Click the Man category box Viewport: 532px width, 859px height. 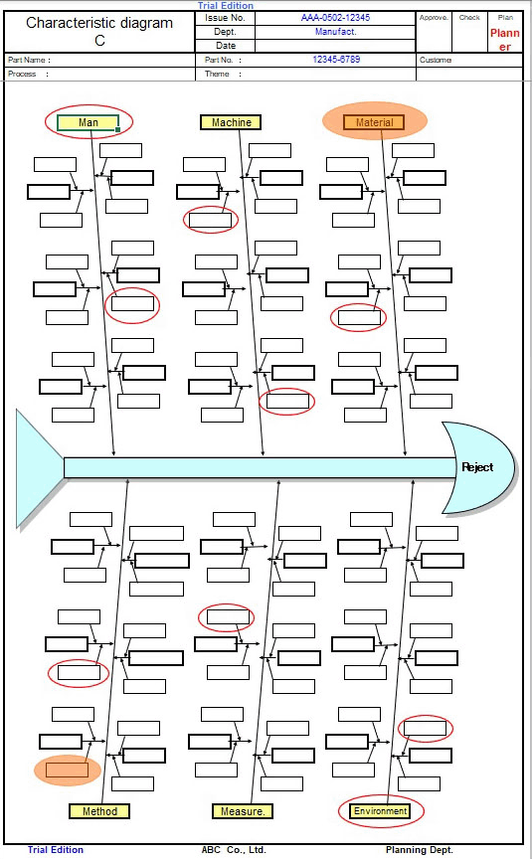[88, 122]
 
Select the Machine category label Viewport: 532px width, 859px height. [231, 122]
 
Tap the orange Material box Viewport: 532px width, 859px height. [374, 122]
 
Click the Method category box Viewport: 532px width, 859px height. [99, 811]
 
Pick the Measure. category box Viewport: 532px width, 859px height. [243, 811]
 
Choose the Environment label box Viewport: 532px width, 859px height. [380, 811]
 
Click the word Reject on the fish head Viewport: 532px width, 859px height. [477, 467]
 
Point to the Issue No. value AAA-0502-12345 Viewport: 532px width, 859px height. [335, 18]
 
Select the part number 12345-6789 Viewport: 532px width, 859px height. [336, 60]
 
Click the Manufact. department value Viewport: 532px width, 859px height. [335, 32]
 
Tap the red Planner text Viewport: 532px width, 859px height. [504, 40]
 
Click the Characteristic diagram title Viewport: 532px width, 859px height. [99, 31]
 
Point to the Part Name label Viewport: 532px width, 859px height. [29, 60]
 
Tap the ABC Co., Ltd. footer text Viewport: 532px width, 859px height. [234, 850]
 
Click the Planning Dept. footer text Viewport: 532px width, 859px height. [419, 850]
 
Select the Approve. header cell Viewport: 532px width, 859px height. [434, 18]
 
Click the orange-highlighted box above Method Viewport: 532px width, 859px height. [67, 770]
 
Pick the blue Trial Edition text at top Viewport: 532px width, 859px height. [225, 6]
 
